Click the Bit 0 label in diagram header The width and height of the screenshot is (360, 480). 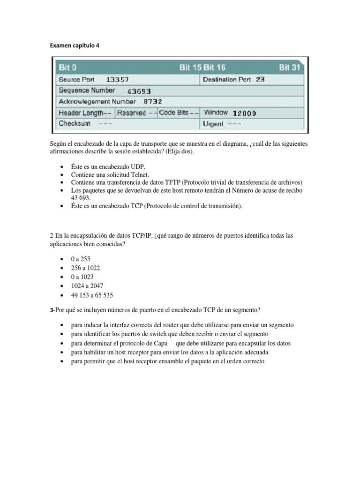click(x=67, y=67)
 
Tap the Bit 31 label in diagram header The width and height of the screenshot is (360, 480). click(x=290, y=67)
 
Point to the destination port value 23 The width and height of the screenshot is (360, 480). click(x=260, y=79)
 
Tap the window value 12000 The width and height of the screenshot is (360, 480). click(x=244, y=113)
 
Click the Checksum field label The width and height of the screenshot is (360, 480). click(x=74, y=124)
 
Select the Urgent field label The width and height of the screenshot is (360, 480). click(x=213, y=124)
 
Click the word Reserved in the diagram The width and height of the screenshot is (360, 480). click(x=131, y=113)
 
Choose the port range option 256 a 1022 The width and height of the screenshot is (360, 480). click(x=85, y=268)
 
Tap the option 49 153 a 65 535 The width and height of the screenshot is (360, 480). click(x=92, y=295)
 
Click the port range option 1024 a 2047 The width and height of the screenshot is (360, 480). click(x=88, y=285)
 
